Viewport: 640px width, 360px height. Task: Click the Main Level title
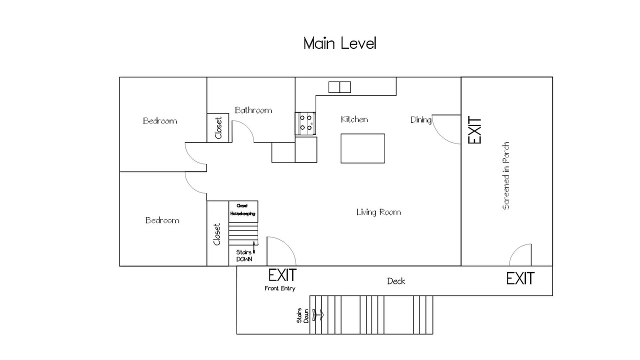coord(339,43)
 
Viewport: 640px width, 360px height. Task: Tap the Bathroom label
coord(253,110)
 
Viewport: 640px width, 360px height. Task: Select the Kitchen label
coord(354,119)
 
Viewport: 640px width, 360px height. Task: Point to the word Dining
coord(421,119)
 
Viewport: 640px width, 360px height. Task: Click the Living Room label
coord(378,212)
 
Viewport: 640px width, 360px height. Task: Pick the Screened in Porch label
coord(505,175)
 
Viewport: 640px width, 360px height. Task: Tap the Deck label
coord(396,281)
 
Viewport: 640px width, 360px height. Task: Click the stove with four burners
coord(305,123)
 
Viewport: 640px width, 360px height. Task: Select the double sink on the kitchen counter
coord(339,87)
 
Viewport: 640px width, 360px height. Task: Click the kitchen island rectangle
coord(363,148)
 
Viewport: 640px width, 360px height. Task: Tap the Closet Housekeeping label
coord(243,209)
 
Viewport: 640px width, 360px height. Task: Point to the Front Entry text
coord(279,288)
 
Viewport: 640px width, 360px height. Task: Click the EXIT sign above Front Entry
coord(282,275)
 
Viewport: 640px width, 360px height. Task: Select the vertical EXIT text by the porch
coord(474,130)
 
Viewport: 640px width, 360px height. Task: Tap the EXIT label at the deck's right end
coord(520,278)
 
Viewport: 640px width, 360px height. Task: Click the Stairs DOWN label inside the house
coord(244,255)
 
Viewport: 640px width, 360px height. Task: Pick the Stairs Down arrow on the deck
coord(318,315)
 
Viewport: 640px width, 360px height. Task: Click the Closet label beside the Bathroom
coord(218,127)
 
